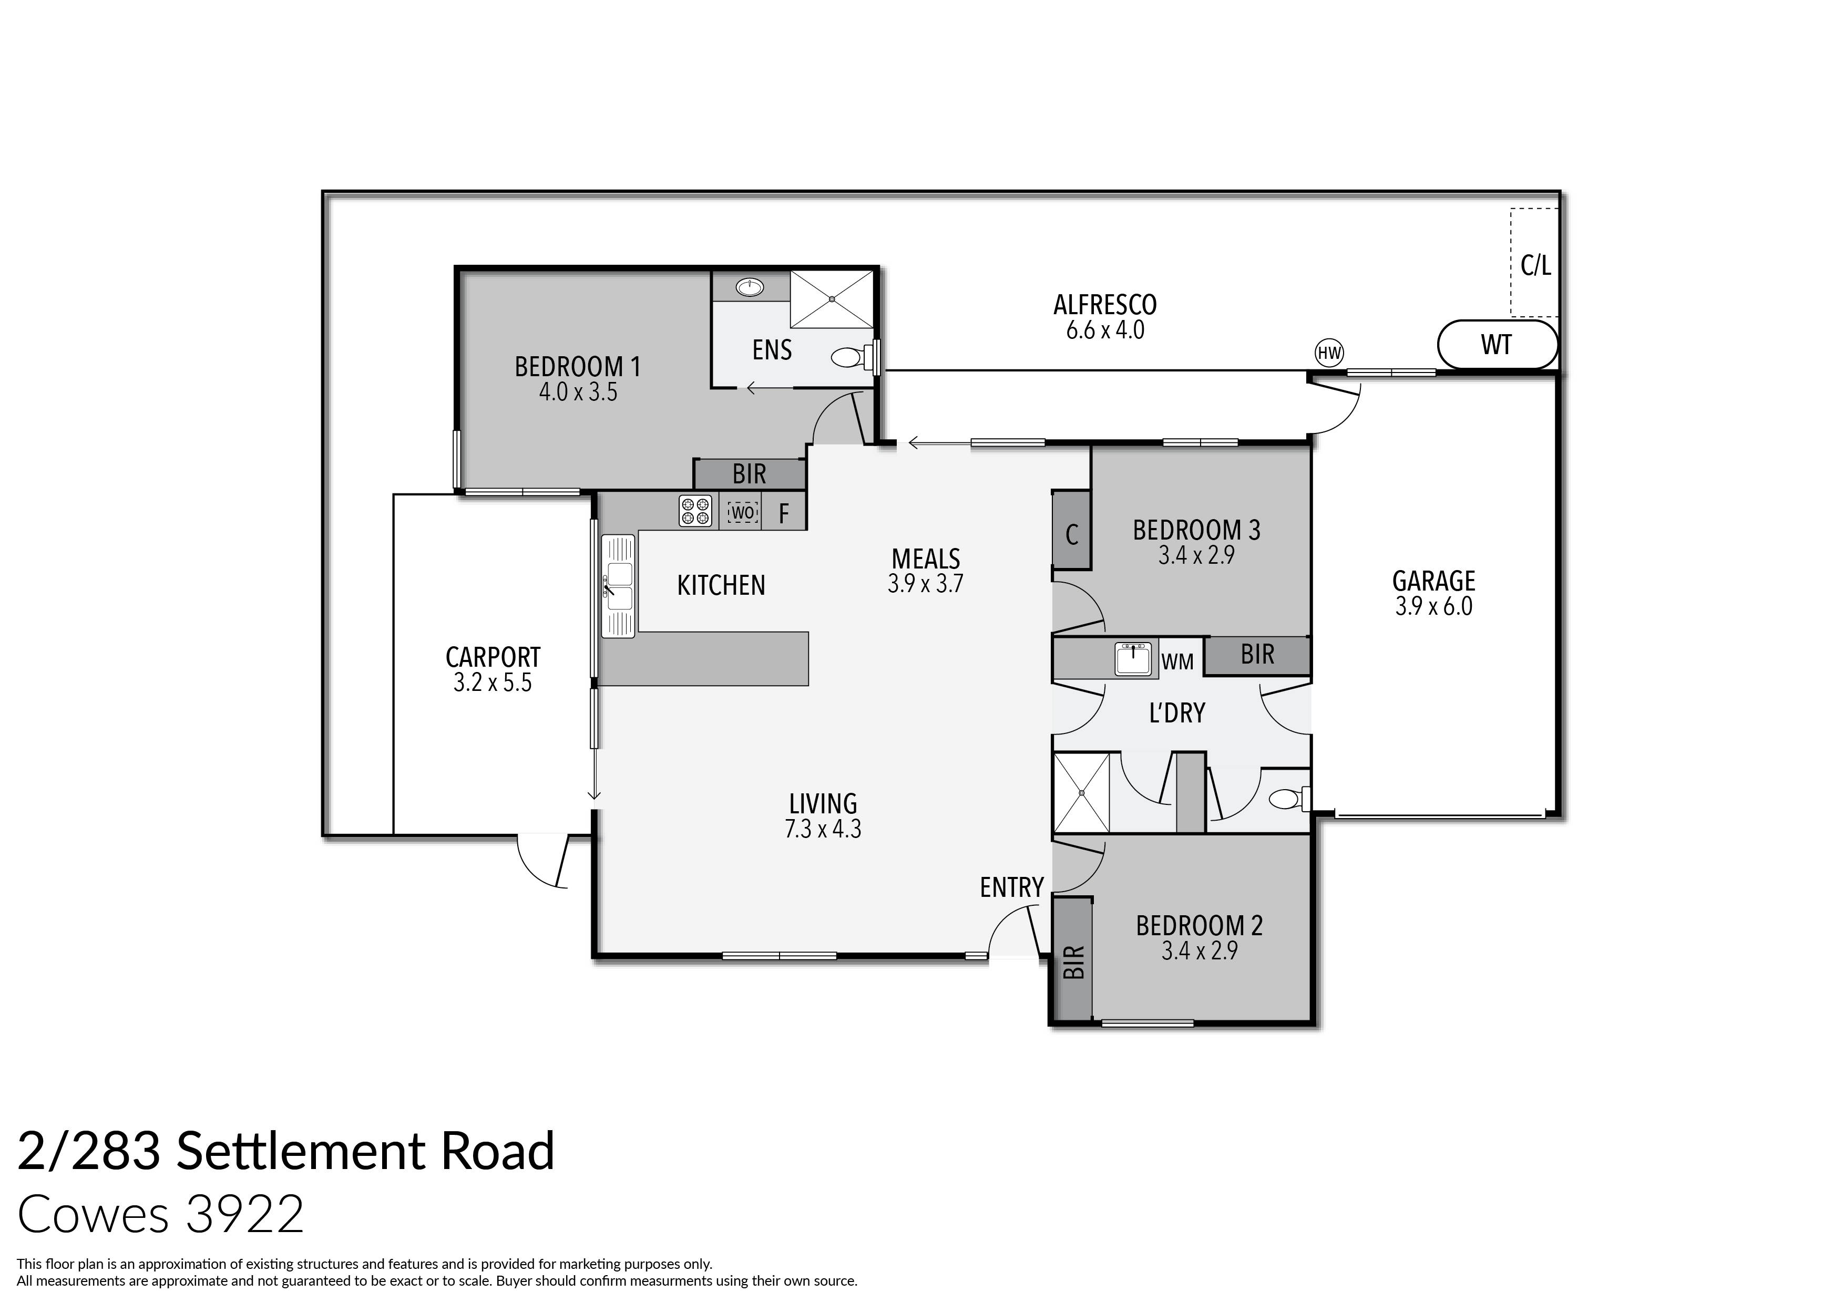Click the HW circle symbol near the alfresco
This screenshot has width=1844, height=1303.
1329,353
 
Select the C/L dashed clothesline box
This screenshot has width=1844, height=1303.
1535,263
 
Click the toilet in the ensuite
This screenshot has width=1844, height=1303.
847,356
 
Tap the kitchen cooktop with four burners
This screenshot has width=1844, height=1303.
695,511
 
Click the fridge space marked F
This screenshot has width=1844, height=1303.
784,513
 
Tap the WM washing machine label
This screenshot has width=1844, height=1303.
1177,663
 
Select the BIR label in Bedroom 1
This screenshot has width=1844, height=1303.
750,474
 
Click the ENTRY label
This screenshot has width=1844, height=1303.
1011,887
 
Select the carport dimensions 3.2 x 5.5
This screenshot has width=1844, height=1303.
493,683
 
